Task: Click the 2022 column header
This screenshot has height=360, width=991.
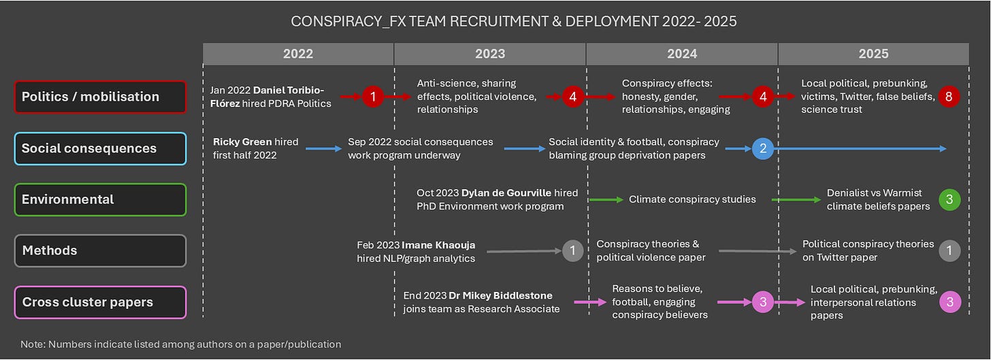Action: (298, 54)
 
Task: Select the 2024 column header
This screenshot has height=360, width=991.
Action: (681, 54)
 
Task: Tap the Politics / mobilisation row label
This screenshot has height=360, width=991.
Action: (100, 97)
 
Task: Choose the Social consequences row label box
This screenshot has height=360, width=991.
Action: (100, 148)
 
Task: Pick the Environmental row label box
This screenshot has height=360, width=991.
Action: (100, 199)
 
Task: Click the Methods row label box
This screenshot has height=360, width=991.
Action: (100, 250)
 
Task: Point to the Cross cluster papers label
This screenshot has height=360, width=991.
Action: (100, 302)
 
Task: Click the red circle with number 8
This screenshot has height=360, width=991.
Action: (949, 97)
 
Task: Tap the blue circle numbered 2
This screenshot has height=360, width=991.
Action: (762, 148)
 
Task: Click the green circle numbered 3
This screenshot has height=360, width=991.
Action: (949, 199)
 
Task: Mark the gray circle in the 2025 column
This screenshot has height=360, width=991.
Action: (949, 250)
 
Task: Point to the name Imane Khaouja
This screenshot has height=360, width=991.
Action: (438, 244)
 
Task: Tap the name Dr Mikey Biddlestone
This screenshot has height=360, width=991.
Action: (500, 295)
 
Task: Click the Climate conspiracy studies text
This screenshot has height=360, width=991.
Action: (692, 199)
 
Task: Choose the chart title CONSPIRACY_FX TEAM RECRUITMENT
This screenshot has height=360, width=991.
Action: (513, 21)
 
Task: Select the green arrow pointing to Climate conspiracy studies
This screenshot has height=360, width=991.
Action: (605, 199)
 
